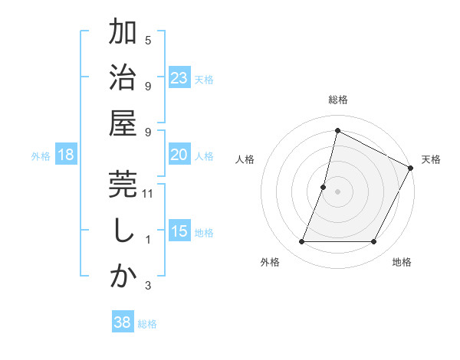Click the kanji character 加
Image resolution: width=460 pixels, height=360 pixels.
tap(123, 34)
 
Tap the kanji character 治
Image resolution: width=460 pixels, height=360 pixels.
tap(123, 79)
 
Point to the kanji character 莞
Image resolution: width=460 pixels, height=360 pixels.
tap(123, 186)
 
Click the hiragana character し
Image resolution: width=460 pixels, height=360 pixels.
tap(123, 231)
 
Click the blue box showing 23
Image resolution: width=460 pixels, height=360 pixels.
tap(179, 78)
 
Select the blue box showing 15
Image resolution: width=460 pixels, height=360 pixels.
tap(179, 232)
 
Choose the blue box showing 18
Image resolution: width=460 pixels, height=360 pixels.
tap(66, 155)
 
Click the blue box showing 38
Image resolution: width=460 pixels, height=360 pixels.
tap(122, 323)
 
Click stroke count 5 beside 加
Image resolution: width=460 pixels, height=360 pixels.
tap(148, 40)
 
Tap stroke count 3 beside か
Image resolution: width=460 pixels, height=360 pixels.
tap(148, 286)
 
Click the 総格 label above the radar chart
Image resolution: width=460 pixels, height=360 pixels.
tap(337, 100)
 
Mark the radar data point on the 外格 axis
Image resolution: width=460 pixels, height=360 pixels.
tap(301, 242)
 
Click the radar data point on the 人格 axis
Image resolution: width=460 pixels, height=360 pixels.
tap(324, 187)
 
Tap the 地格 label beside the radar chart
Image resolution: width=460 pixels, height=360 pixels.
tap(402, 263)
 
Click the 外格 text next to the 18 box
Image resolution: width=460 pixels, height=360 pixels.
tap(41, 156)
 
